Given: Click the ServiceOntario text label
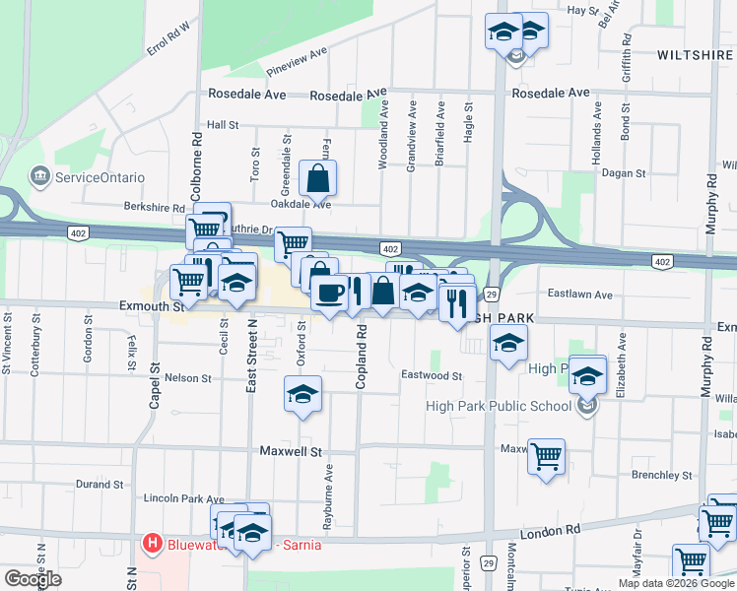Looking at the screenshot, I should pos(100,177).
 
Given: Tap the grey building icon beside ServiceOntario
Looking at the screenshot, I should pos(40,177).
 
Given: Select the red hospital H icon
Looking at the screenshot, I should pos(152,543).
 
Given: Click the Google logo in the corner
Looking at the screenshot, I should pos(33,579).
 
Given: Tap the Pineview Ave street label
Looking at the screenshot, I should pos(296,62).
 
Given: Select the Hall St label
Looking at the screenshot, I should pos(223,125).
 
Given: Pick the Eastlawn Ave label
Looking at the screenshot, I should pos(580,295).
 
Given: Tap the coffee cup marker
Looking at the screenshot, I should pos(329,292).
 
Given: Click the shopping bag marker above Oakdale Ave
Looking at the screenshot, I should pos(318,179).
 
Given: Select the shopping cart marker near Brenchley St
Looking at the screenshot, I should pos(546,456).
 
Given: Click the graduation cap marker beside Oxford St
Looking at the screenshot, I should pos(302,394).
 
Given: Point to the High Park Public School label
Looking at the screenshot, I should pos(499,406).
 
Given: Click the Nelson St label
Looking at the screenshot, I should pos(188,378).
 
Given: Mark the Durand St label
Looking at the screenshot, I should pos(100,485).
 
